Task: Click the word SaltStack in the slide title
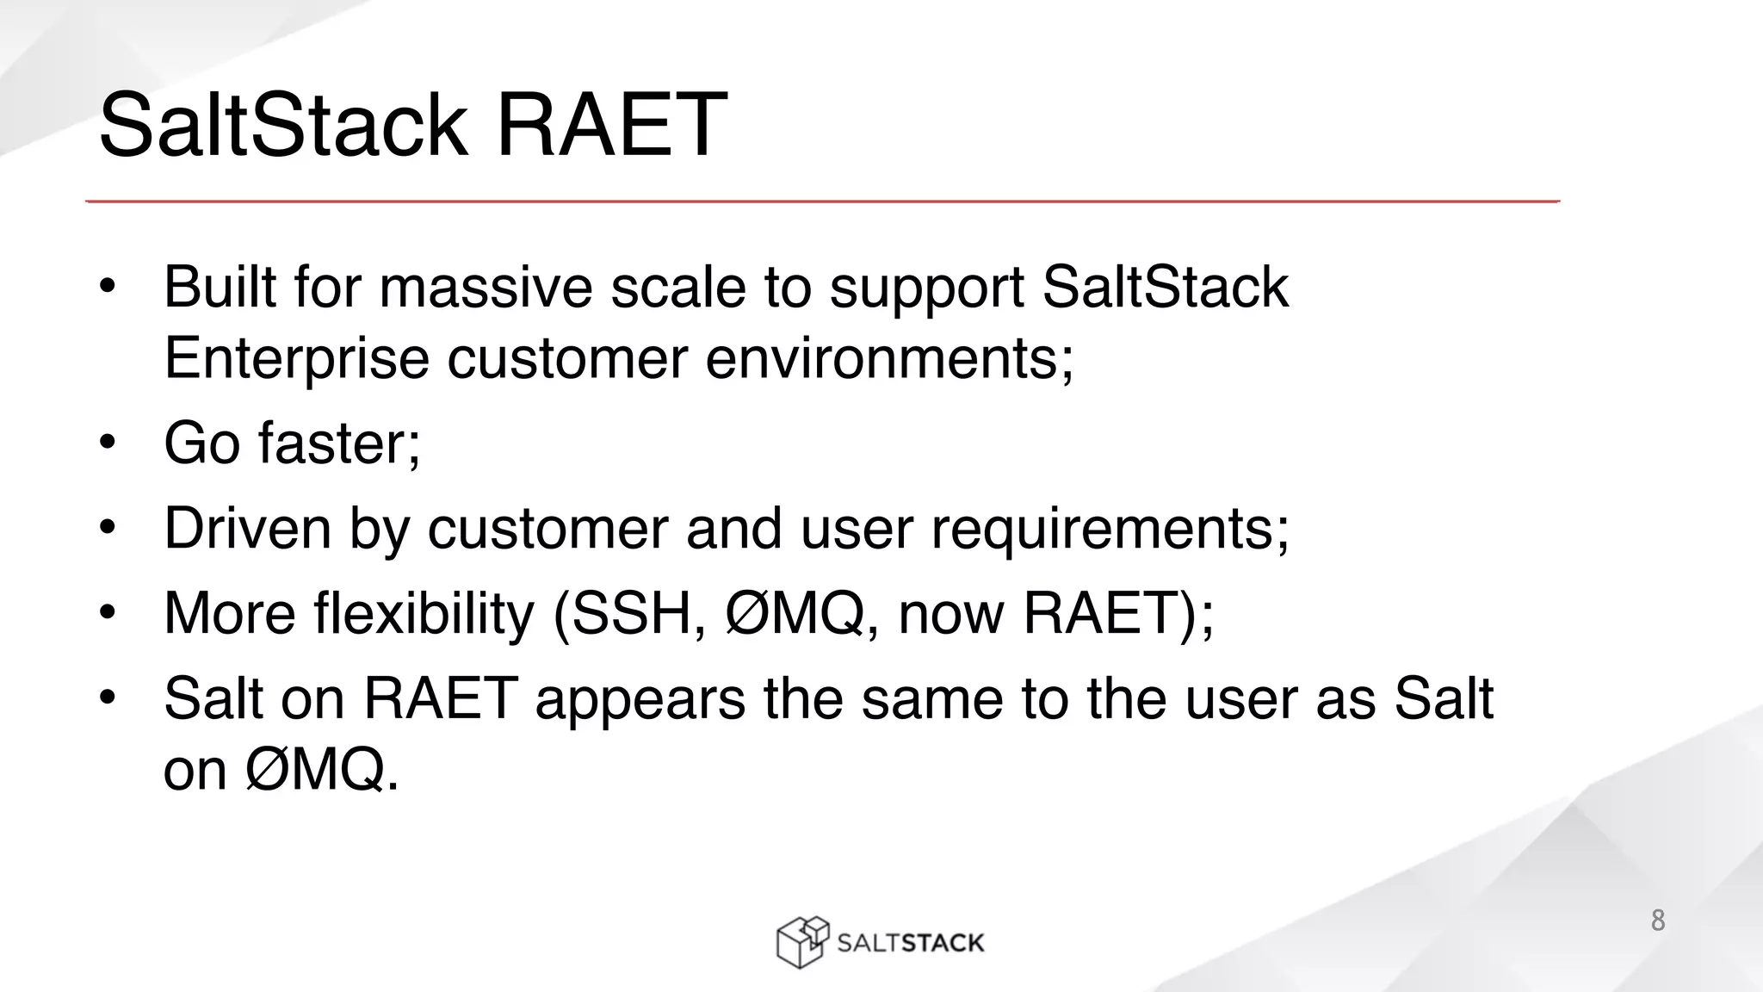(284, 126)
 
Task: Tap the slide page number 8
(1657, 921)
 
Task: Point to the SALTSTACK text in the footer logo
(910, 943)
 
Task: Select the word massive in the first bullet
(486, 288)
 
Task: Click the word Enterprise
(296, 359)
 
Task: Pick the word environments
(889, 359)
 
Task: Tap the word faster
(339, 443)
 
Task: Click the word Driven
(247, 528)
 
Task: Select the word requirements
(1110, 530)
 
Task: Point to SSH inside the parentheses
(633, 614)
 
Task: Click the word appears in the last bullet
(640, 699)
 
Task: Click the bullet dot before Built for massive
(107, 287)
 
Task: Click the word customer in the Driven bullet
(547, 528)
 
